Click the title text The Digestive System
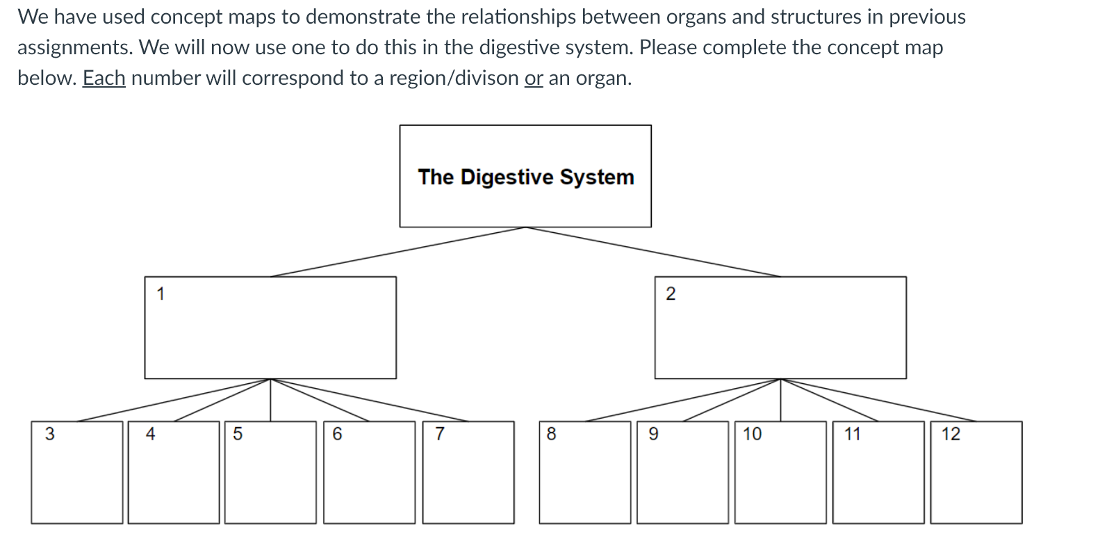pos(526,177)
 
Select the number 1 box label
pos(161,294)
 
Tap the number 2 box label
pos(671,294)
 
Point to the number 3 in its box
pos(49,434)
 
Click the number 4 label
pos(150,434)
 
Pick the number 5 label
pos(238,434)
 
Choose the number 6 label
pos(337,434)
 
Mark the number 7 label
pos(439,434)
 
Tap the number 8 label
pos(552,434)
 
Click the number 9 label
pos(654,434)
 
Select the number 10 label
pos(752,434)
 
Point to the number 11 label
pos(852,434)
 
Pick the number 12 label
pos(951,434)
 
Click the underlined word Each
pos(104,78)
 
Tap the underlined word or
pos(534,79)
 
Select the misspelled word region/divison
pos(454,79)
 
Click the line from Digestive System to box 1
pos(398,252)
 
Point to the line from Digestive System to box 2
pos(653,252)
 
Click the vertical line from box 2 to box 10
pos(781,400)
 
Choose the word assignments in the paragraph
pos(75,48)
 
